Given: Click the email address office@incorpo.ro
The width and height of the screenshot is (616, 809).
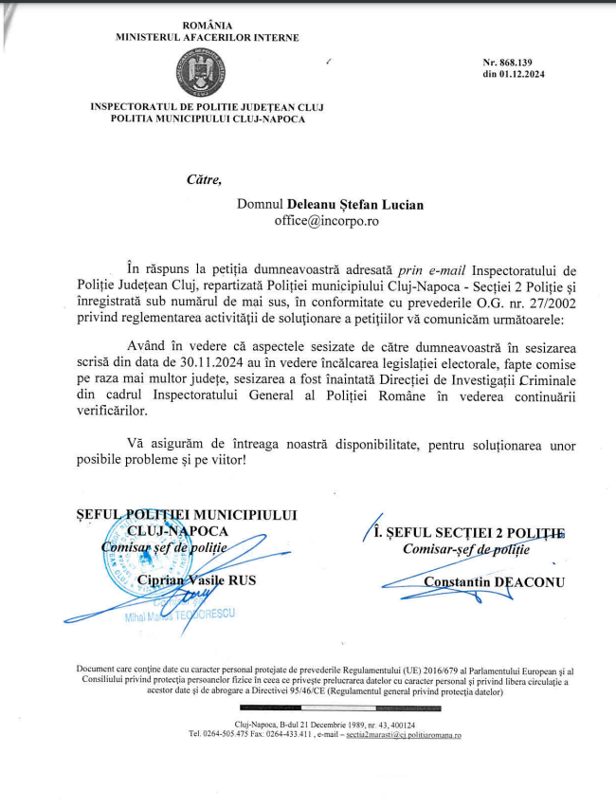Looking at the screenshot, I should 326,220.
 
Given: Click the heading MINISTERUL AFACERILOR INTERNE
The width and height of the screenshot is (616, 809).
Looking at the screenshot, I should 207,38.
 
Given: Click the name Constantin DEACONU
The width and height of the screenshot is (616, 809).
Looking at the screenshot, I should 480,580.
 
